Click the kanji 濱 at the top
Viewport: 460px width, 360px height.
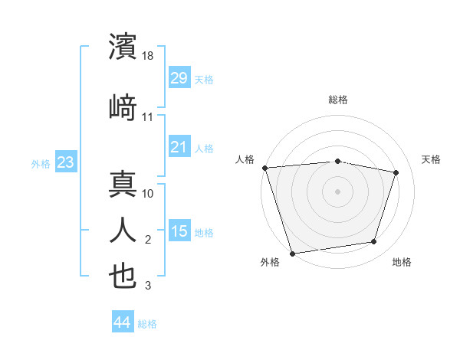123,47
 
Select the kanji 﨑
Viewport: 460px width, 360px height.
123,107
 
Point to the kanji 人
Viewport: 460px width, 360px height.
123,231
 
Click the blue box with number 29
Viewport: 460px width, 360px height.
179,78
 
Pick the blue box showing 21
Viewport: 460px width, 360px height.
179,147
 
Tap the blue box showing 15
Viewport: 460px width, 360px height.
179,231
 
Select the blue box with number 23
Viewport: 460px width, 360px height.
65,162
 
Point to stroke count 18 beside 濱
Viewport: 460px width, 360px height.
149,57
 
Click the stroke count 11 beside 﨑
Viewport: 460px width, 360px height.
148,117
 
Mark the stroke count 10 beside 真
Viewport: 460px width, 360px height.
149,195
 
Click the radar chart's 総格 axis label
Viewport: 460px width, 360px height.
338,100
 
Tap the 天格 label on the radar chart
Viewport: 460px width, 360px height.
431,159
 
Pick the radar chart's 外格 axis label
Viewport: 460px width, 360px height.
270,262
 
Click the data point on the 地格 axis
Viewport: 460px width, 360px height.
374,242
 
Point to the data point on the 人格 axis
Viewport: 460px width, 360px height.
264,168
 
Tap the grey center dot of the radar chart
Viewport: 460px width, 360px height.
338,191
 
